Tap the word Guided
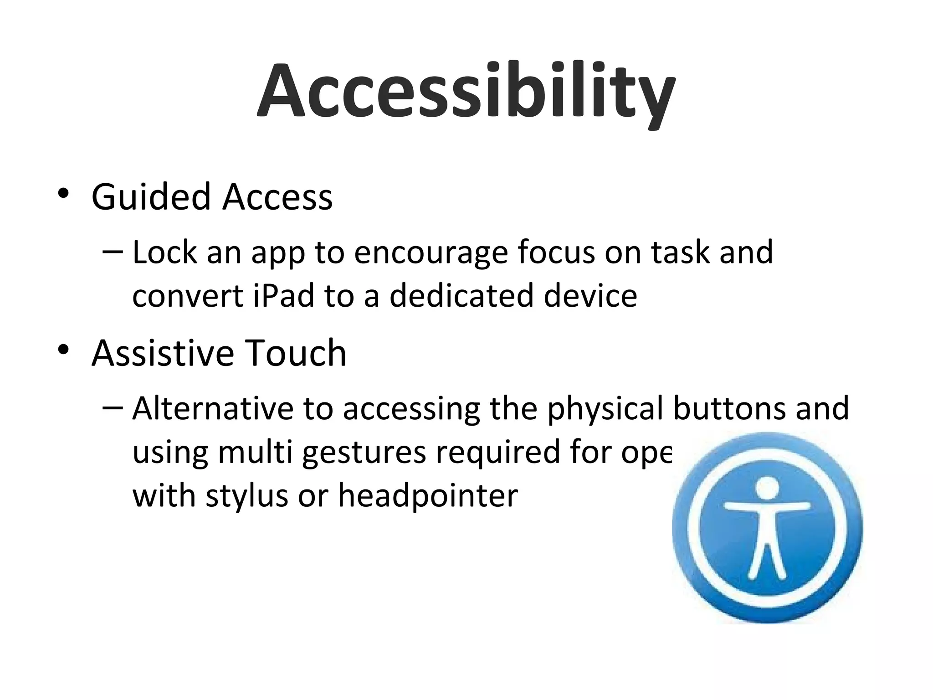point(151,197)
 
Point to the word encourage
point(431,253)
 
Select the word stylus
point(246,496)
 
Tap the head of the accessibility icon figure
point(767,487)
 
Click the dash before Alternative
point(113,407)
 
